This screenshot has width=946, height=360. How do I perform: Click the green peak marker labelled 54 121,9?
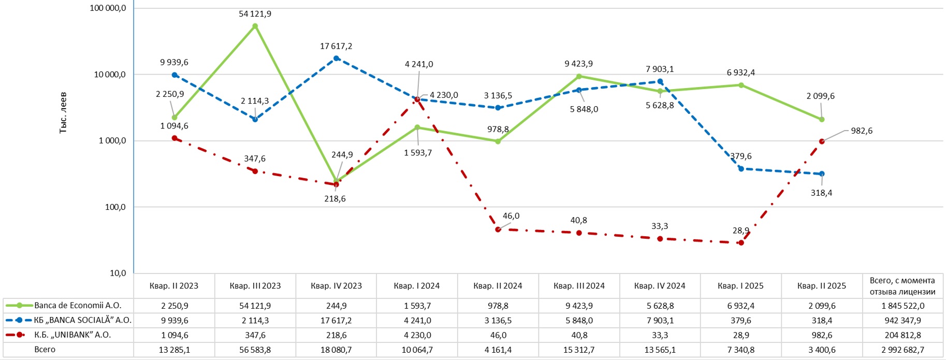[255, 26]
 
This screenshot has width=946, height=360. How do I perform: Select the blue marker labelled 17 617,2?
[336, 59]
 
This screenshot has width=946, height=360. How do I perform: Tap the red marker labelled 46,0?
[498, 229]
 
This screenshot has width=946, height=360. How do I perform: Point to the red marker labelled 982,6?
[822, 141]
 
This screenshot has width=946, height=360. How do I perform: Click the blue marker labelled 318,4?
[822, 174]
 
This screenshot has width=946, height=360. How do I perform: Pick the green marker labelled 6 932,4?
[741, 85]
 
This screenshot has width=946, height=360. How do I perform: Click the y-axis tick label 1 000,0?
[112, 141]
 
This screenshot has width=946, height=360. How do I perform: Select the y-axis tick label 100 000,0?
[108, 8]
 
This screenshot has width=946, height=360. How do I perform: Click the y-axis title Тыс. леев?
[63, 112]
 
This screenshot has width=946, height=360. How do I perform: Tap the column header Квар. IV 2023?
[336, 286]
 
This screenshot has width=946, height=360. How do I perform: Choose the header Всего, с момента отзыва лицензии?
[903, 286]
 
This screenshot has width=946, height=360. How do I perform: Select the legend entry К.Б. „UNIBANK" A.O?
[72, 335]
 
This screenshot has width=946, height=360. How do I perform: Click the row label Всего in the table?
[45, 350]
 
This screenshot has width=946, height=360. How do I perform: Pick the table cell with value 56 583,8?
[255, 350]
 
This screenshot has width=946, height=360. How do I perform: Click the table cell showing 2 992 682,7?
[903, 350]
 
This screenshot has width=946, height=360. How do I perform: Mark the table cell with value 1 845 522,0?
[903, 306]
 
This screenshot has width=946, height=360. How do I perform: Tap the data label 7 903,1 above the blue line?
[660, 69]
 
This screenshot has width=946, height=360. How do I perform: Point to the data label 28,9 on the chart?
[741, 231]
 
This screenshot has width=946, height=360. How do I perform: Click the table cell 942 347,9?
[903, 321]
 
